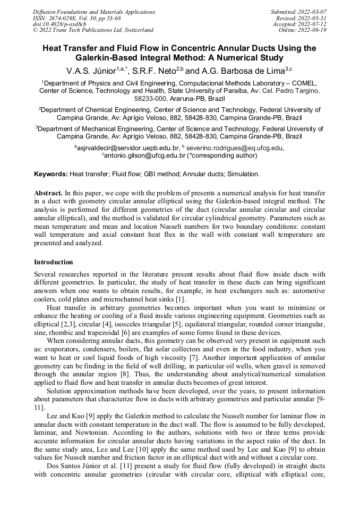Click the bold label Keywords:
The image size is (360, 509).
tap(51, 174)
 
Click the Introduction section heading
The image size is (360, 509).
tap(54, 262)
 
